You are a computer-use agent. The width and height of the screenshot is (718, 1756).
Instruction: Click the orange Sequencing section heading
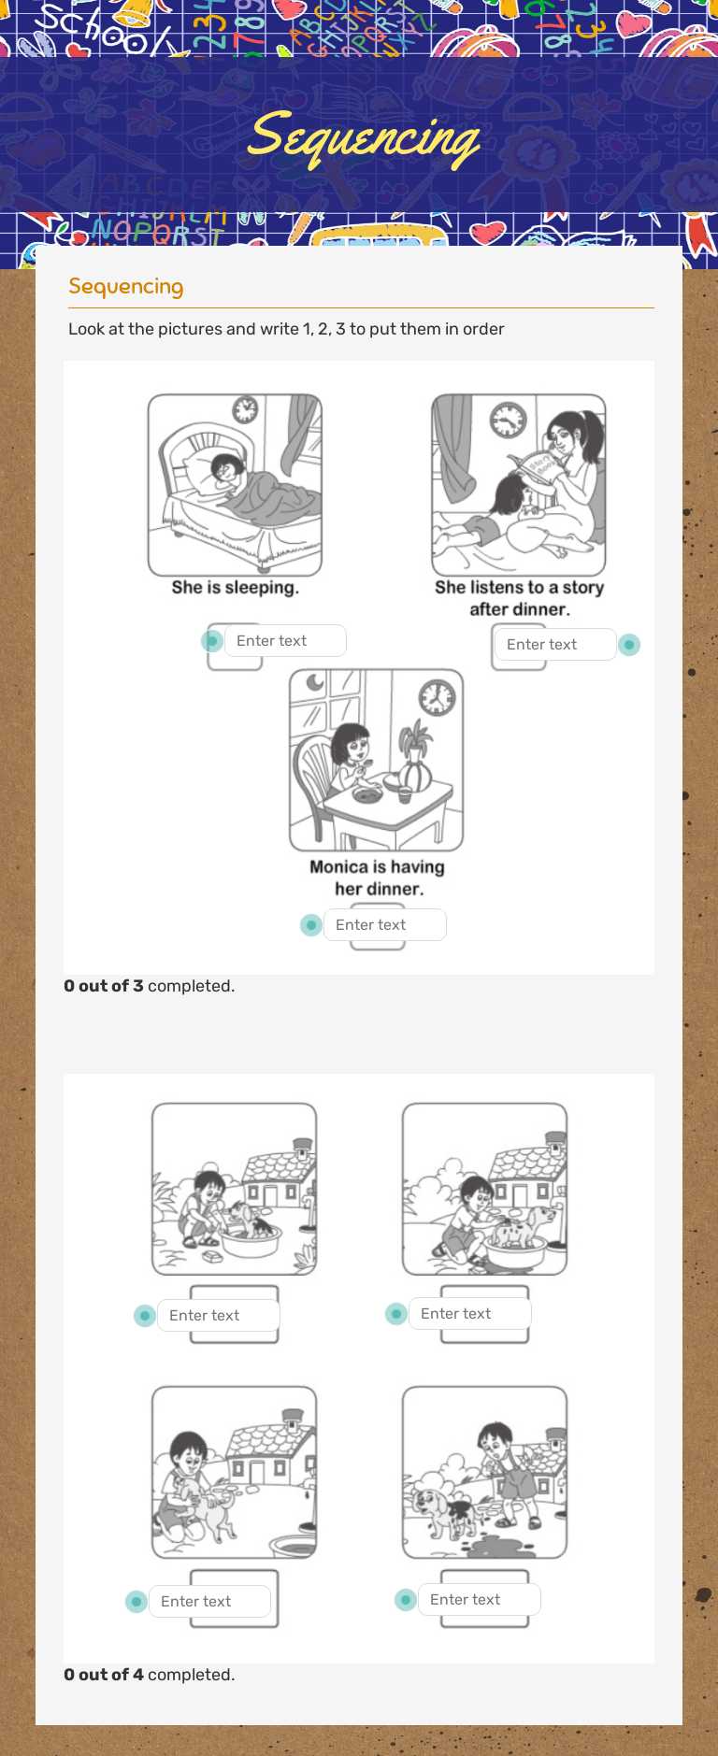pyautogui.click(x=125, y=286)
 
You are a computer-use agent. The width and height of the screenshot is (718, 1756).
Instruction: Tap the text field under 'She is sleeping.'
pyautogui.click(x=285, y=641)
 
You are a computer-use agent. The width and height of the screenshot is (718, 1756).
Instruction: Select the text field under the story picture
pyautogui.click(x=554, y=645)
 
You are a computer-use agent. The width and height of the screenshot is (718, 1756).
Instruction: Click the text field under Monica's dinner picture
pyautogui.click(x=384, y=925)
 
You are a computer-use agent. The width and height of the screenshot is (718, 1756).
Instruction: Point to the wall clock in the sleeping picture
pyautogui.click(x=245, y=409)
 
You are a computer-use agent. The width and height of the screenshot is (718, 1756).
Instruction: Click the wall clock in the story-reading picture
pyautogui.click(x=508, y=420)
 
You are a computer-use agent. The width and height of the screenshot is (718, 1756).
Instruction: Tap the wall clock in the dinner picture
pyautogui.click(x=437, y=697)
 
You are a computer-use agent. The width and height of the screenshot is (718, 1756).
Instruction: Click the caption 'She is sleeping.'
pyautogui.click(x=235, y=588)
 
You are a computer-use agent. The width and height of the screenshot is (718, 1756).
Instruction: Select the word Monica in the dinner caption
pyautogui.click(x=338, y=867)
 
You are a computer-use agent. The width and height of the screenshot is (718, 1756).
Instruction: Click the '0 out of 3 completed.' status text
pyautogui.click(x=150, y=986)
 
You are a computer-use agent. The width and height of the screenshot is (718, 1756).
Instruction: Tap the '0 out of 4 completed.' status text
pyautogui.click(x=150, y=1675)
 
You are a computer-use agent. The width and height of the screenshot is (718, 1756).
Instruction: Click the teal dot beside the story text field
pyautogui.click(x=629, y=645)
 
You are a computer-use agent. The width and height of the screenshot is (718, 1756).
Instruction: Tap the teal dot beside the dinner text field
pyautogui.click(x=311, y=925)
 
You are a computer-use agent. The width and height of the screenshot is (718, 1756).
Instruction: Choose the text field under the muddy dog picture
pyautogui.click(x=479, y=1600)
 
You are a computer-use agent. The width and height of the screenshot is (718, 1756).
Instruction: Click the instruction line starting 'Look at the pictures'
pyautogui.click(x=286, y=329)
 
